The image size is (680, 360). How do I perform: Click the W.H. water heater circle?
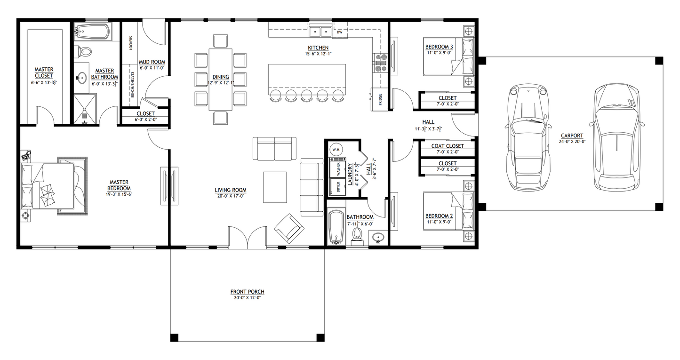coord(336,150)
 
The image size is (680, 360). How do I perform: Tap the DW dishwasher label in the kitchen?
coord(339,32)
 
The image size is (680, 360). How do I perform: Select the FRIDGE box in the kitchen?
coord(380,100)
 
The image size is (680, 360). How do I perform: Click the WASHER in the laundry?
coord(337,168)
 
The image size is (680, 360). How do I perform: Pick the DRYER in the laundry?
coord(337,186)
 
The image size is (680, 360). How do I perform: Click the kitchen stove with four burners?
coord(380,64)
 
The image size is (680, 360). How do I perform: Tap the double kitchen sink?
coord(320,32)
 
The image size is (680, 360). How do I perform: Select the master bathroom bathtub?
coord(92,32)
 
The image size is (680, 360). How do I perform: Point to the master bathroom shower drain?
coord(85,114)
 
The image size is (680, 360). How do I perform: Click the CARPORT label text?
coord(572,136)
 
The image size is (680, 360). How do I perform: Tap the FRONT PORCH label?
coord(247,292)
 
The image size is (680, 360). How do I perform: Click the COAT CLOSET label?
coord(447,146)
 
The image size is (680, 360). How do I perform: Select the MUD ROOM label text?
coord(152,62)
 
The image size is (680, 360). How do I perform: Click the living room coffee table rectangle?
coord(275,187)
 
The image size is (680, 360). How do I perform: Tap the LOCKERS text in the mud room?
coord(130,43)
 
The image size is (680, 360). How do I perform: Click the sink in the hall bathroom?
coord(378,238)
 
